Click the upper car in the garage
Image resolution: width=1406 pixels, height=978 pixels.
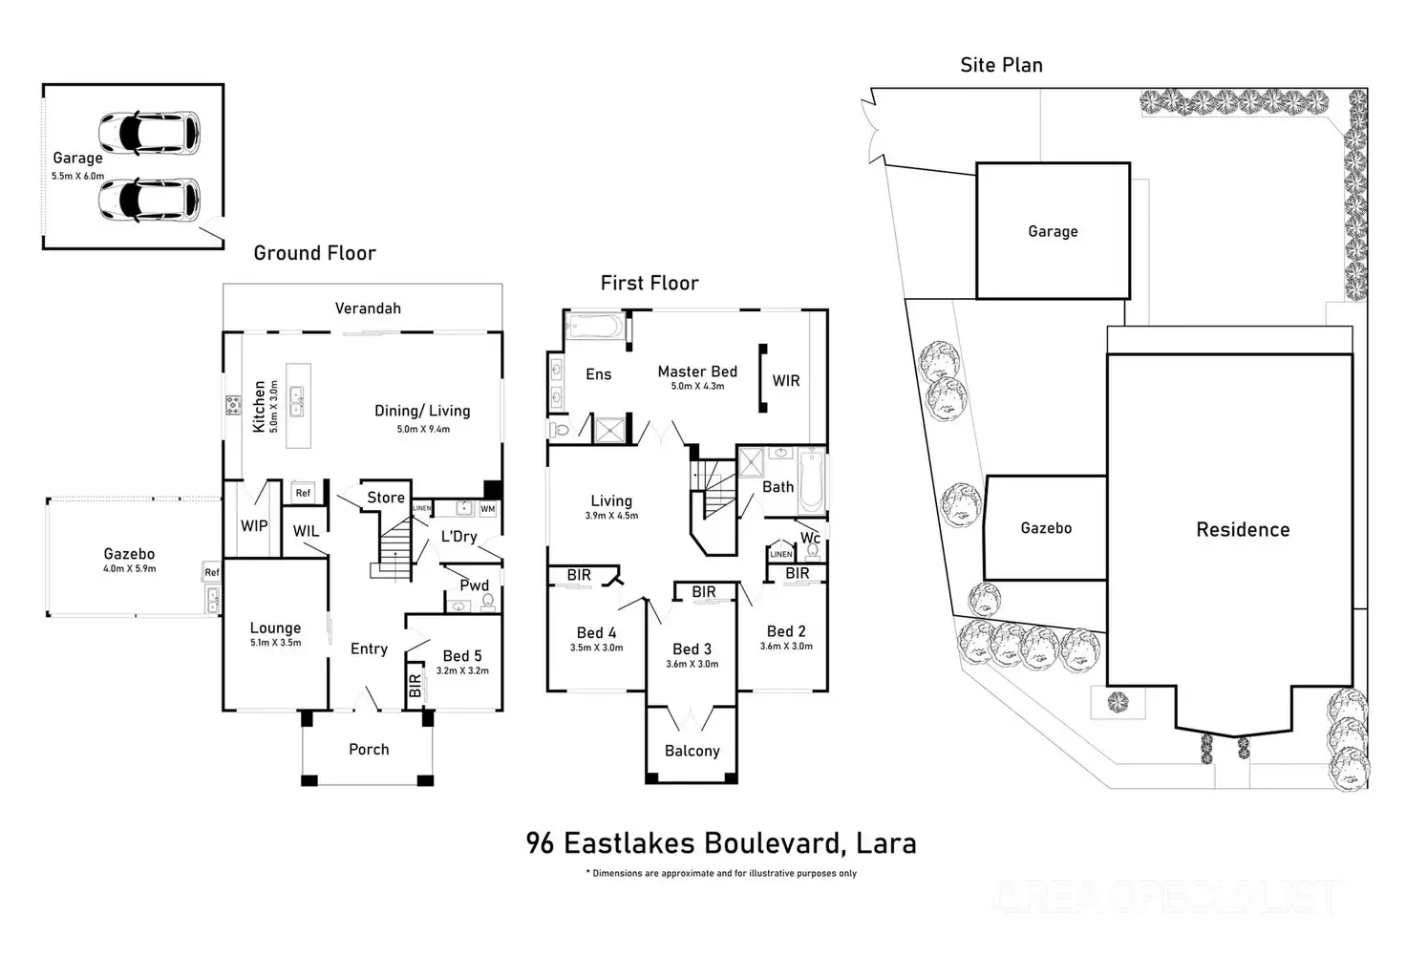pos(150,134)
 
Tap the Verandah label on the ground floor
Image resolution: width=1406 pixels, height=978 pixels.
pos(368,308)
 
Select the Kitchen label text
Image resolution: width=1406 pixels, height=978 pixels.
pos(259,407)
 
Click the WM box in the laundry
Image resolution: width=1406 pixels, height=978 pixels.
pos(487,509)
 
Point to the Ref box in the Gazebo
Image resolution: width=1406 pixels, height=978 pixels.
pos(211,573)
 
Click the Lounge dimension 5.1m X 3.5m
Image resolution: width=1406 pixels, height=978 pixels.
pos(275,643)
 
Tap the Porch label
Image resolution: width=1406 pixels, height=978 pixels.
pos(369,750)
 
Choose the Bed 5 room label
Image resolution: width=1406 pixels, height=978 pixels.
pos(462,655)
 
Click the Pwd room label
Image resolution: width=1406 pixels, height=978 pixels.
pos(475,585)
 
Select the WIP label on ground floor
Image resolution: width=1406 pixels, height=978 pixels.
pos(254,525)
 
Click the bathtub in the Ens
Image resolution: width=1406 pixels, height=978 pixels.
pos(593,328)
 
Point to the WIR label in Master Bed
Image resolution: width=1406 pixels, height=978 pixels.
pos(786,380)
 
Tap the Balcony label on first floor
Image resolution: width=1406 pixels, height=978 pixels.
pos(692,751)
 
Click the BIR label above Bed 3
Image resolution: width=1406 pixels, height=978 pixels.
pos(704,592)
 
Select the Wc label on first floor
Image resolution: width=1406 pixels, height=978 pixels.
pos(810,538)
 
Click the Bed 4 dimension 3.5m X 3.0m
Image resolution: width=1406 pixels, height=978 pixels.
pos(596,648)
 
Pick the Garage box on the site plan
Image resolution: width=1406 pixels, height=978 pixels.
pos(1053,231)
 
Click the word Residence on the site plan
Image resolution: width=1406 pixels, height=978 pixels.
pos(1243,530)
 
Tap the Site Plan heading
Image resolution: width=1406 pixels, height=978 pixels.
pos(1001,65)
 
